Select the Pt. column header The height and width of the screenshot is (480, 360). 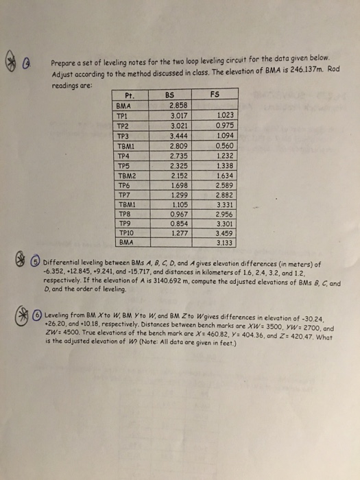pos(128,97)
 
